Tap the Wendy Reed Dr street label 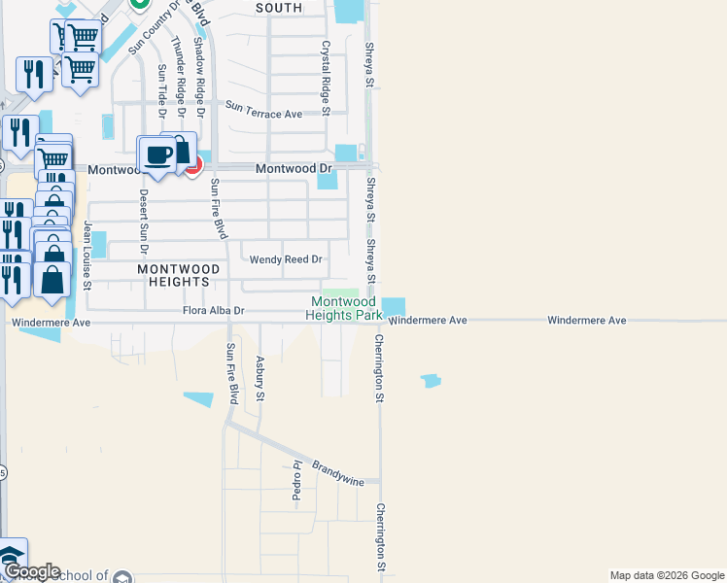click(x=286, y=259)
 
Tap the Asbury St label click(x=260, y=377)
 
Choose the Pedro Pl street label click(x=297, y=483)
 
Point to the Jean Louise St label click(x=87, y=256)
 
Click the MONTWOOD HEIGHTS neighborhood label click(x=173, y=274)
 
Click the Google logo click(x=31, y=572)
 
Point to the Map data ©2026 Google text click(x=666, y=575)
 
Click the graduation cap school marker click(x=12, y=556)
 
